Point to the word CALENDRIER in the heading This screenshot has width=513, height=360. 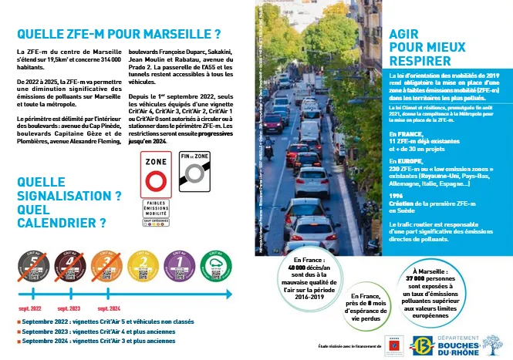click(x=58, y=224)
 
